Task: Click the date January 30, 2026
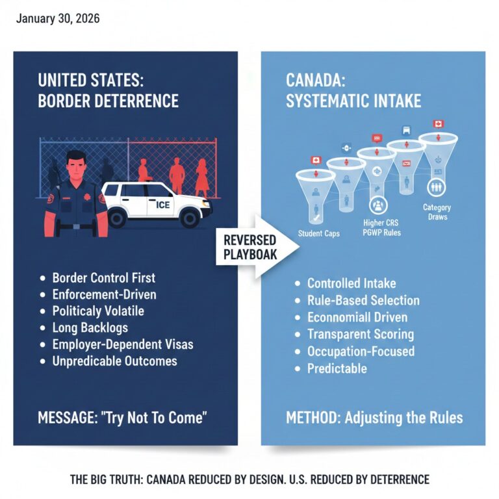click(58, 18)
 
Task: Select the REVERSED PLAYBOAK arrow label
click(250, 246)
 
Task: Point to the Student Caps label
click(318, 233)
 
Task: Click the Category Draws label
click(437, 212)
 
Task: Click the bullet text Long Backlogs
click(90, 327)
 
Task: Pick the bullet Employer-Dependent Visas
click(123, 344)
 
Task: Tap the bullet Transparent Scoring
click(360, 335)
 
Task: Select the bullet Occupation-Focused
click(361, 352)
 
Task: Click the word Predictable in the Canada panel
click(337, 368)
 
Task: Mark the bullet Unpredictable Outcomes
click(114, 361)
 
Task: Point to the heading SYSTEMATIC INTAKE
click(353, 101)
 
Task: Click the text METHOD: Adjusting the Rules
click(374, 417)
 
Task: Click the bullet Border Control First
click(104, 278)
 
